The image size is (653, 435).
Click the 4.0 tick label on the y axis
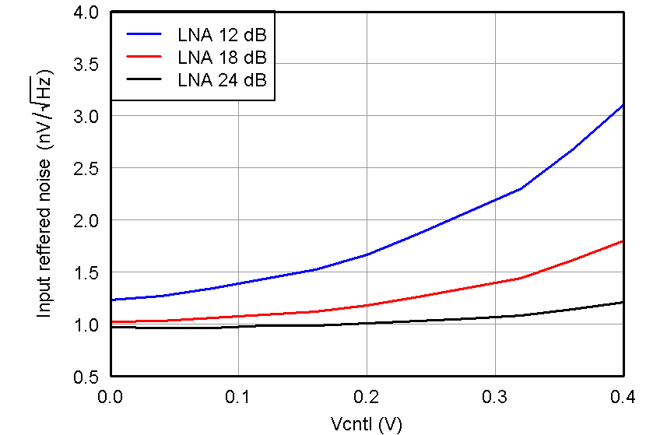(x=87, y=12)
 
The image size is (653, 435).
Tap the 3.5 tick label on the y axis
(x=87, y=65)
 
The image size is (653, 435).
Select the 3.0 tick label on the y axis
(x=87, y=116)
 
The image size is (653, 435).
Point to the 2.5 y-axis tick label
(x=87, y=168)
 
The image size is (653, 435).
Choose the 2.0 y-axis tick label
(x=87, y=220)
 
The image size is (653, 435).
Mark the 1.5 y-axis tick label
(x=87, y=272)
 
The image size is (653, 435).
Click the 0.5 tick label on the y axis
(x=87, y=377)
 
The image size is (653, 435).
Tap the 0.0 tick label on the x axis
(x=111, y=396)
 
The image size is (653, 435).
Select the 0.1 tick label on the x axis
(x=238, y=396)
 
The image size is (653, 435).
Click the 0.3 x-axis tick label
(x=495, y=396)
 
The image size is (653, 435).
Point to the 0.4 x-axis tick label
(x=623, y=396)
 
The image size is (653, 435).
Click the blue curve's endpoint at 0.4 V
(x=623, y=105)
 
